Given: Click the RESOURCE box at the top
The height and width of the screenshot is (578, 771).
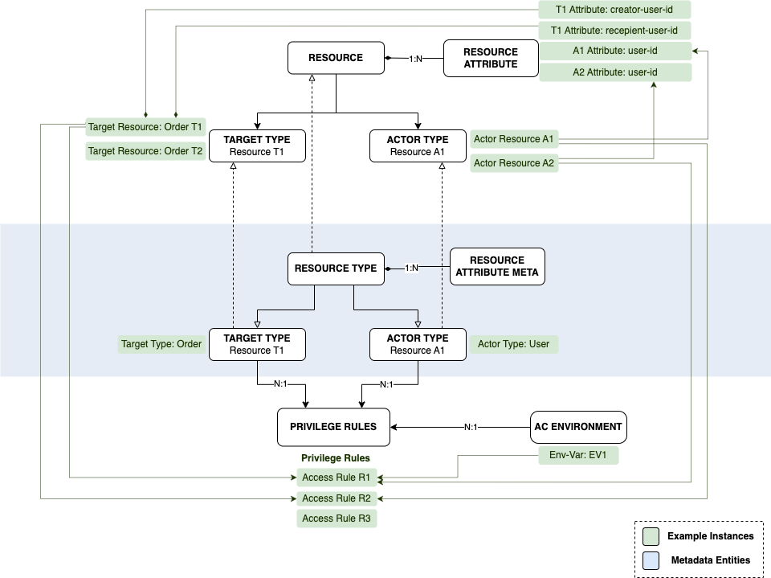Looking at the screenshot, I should click(x=336, y=59).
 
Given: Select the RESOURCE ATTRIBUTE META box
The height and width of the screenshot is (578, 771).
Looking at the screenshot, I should click(x=497, y=267).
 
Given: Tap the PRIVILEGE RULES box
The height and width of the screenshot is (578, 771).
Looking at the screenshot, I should click(x=327, y=427).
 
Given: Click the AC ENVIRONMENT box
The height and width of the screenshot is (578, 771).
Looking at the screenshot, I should click(x=578, y=427).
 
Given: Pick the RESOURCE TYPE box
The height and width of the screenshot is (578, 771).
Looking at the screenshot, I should click(x=336, y=269).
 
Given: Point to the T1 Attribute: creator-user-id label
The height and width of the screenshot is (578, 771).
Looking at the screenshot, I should click(x=614, y=10).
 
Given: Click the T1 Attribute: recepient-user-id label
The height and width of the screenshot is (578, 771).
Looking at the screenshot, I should click(x=614, y=31).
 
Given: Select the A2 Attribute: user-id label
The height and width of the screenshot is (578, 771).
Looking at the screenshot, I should click(x=614, y=73).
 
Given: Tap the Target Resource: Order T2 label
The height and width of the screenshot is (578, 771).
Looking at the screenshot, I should click(x=145, y=151).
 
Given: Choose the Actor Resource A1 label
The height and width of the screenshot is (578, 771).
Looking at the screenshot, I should click(x=514, y=139).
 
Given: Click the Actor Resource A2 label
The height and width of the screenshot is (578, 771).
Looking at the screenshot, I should click(x=514, y=163).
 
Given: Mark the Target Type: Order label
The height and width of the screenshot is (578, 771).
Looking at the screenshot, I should click(x=161, y=344).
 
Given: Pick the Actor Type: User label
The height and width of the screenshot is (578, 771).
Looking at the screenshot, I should click(x=513, y=344).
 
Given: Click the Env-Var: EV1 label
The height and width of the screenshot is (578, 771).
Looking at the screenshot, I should click(x=578, y=456).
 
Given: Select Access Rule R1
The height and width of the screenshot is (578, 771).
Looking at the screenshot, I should click(x=337, y=478).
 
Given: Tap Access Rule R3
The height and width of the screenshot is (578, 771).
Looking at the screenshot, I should click(x=337, y=519).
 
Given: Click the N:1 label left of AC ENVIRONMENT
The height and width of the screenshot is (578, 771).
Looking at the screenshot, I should click(x=471, y=427).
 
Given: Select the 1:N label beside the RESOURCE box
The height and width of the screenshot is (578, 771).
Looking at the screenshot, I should click(x=415, y=59).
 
